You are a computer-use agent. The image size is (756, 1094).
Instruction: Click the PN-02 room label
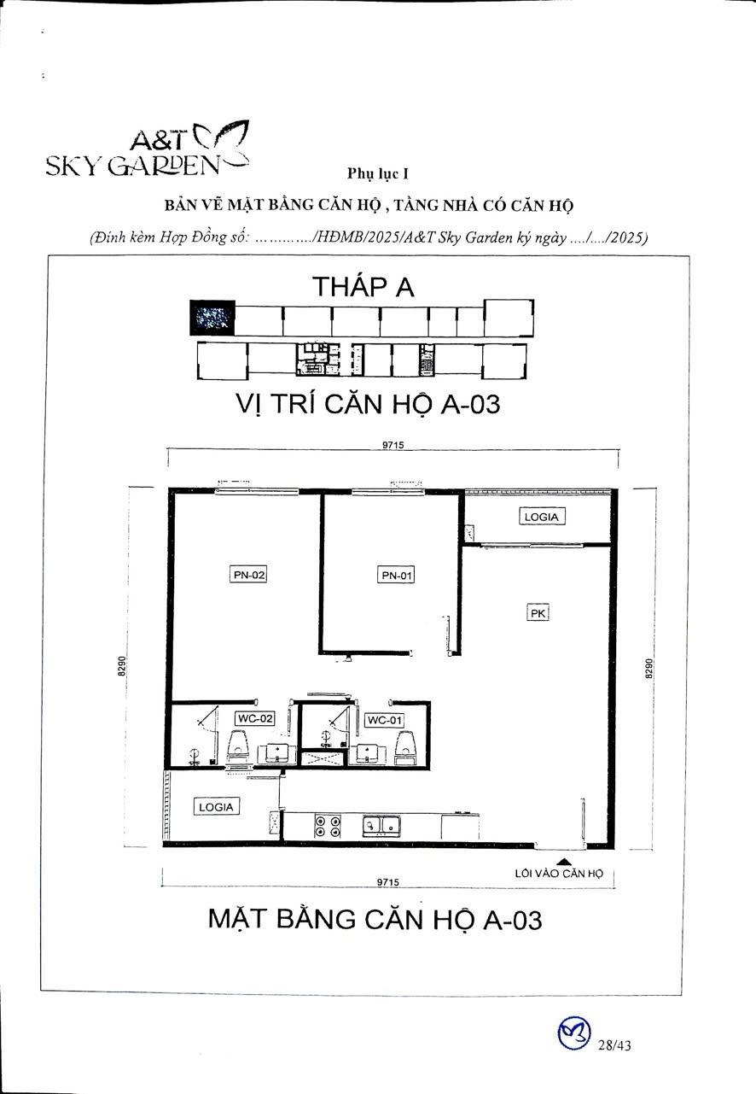249,575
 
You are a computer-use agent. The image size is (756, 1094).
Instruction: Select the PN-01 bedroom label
395,575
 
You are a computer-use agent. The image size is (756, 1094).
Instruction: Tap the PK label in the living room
538,612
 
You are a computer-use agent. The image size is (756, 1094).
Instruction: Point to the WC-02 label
255,719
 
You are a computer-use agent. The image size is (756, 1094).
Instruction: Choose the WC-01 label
384,720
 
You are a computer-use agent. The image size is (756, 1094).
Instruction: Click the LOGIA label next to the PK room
541,517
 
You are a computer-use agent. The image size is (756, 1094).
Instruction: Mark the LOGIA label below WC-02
215,806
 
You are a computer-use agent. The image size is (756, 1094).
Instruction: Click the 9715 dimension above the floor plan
393,444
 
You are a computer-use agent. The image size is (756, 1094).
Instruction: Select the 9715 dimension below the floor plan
389,883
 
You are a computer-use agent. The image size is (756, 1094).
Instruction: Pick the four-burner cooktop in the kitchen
328,826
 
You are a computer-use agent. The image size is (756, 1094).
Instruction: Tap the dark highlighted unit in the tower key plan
211,318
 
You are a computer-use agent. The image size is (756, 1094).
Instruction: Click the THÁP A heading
363,286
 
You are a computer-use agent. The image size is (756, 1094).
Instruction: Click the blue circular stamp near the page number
573,1034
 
